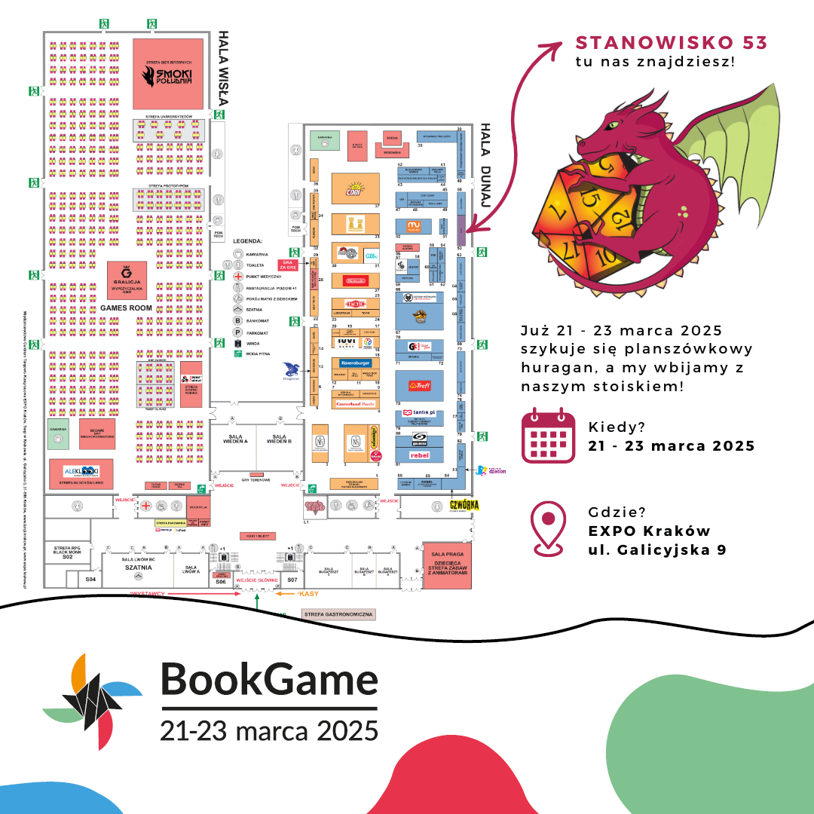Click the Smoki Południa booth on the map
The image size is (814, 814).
coord(168,73)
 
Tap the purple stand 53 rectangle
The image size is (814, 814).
coord(461,225)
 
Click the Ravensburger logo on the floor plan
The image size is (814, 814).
coord(351,363)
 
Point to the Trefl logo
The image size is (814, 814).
coord(418,385)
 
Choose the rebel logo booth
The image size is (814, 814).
coord(418,454)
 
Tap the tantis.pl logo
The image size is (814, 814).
coord(418,413)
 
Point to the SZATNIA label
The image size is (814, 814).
coord(137,568)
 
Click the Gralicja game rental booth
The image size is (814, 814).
coord(127,280)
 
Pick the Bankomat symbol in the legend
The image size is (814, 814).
coord(238,320)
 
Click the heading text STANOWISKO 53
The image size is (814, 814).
coord(671,43)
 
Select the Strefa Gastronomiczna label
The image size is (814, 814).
coord(338,614)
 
